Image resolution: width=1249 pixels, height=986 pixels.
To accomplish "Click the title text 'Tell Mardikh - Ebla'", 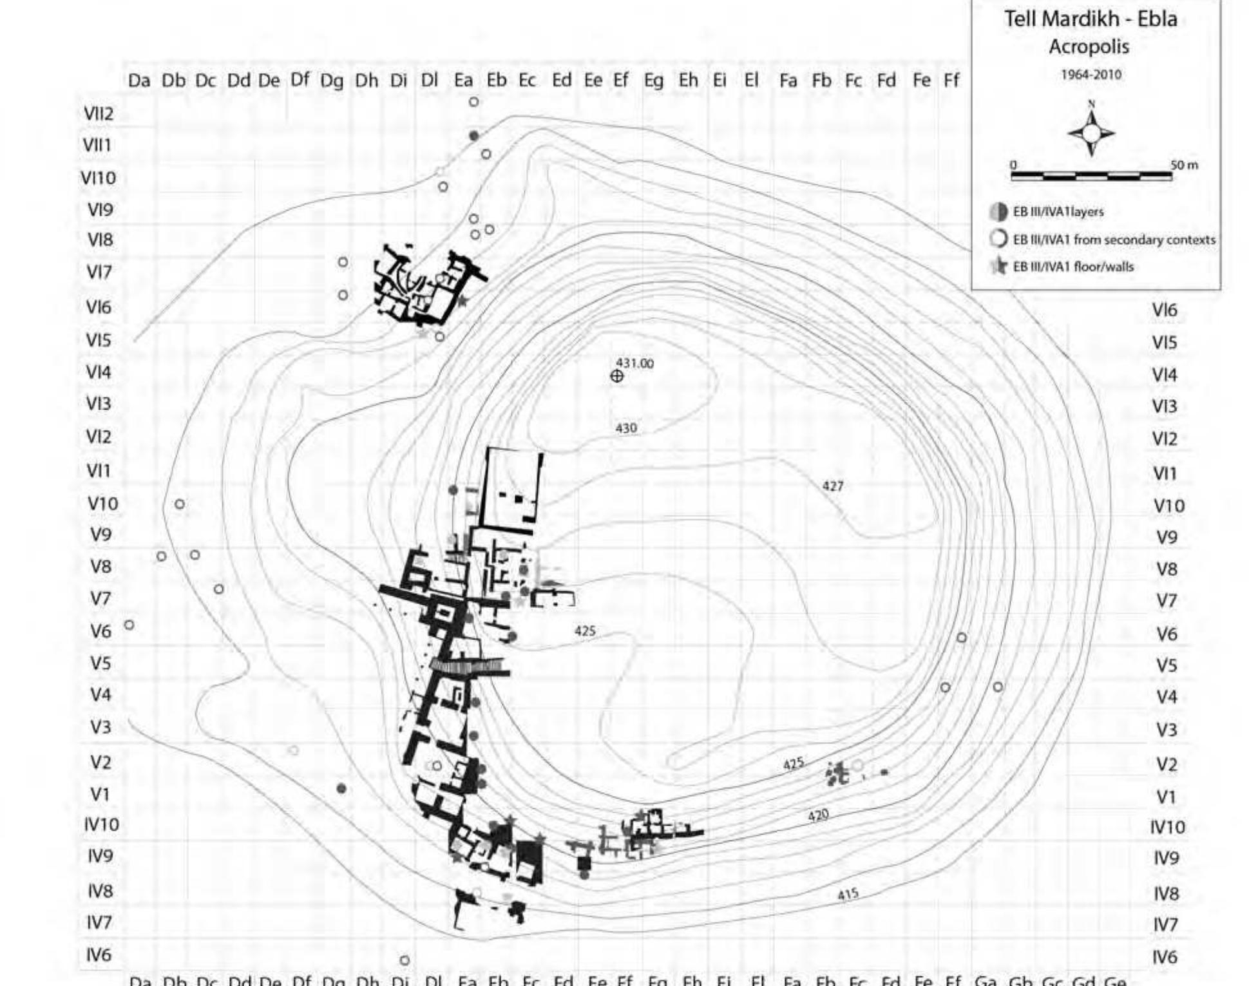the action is pos(1091,19).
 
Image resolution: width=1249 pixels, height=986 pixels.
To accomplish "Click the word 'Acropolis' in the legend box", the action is pos(1089,47).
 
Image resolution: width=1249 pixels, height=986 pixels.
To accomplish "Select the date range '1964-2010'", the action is pos(1091,75).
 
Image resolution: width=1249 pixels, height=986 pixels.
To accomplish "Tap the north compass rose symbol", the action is pos(1091,133).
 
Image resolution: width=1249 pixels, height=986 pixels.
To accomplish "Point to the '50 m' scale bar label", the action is pos(1185,166).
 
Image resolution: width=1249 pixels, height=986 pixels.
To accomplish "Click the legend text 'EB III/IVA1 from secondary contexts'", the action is pos(1114,240).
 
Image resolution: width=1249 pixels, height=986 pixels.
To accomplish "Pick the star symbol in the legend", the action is pos(998,266).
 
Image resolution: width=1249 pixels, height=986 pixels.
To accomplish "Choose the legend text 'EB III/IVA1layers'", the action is pos(1058,212).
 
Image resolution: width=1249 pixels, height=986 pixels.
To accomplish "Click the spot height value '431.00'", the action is pos(634,363).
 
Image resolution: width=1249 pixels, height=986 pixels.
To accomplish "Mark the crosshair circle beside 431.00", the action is pos(617,376).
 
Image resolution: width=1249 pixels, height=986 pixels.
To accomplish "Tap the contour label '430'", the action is pos(626,428).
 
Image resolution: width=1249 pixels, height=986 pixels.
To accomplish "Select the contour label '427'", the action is pos(833,486).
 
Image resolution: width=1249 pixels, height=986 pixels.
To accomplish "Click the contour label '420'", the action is pos(818,816).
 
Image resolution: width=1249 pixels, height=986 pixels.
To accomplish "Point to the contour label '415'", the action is pos(848,895).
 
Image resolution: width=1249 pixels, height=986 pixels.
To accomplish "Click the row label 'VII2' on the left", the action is pos(99,114).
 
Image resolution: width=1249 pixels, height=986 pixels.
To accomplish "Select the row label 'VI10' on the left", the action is pos(98,178).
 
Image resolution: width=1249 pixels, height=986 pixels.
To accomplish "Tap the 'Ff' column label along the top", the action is pos(951,81).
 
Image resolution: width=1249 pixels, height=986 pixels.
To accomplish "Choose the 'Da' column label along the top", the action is pos(139,81).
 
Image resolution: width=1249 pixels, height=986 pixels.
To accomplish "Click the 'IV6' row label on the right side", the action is pos(1165,957).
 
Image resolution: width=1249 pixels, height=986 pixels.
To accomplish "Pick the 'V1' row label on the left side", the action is pos(100,795).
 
